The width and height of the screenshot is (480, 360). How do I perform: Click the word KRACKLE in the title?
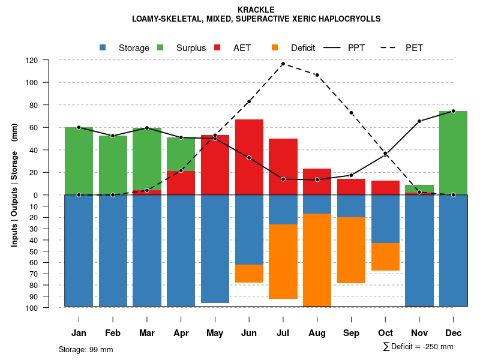[x=256, y=10]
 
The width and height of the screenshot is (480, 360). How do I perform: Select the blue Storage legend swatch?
[x=103, y=48]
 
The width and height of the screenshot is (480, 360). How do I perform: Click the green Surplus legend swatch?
[x=160, y=48]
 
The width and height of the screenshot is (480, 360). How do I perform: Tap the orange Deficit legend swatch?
[x=275, y=48]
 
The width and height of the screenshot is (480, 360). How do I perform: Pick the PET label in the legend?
[x=414, y=48]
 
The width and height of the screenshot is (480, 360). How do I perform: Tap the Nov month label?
[x=419, y=333]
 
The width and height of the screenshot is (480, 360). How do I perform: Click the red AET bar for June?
[x=249, y=156]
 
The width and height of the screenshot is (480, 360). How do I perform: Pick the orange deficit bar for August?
[x=317, y=260]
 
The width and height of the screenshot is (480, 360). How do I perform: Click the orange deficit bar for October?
[x=385, y=257]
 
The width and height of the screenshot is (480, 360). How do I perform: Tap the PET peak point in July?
[x=283, y=64]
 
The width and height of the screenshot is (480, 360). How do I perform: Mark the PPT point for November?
[x=419, y=121]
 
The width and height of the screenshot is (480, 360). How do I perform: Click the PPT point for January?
[x=79, y=127]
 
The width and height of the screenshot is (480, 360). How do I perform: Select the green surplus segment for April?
[x=181, y=154]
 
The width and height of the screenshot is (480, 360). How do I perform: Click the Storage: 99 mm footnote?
[x=86, y=349]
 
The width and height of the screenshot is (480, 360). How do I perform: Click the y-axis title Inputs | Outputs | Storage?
[x=14, y=185]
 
